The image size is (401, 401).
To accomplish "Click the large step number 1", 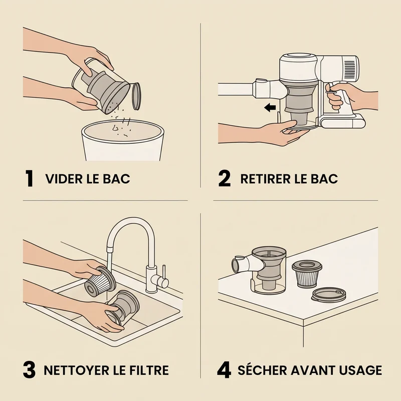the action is tap(30, 178).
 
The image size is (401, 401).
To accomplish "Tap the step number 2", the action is tap(224, 178).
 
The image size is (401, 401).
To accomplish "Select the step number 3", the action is tap(29, 370).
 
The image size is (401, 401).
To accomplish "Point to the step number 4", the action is tap(224, 370).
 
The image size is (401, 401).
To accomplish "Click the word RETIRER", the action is tap(266, 179).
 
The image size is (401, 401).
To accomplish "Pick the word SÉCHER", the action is tap(262, 370).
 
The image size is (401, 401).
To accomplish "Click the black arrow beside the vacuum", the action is tap(270, 107).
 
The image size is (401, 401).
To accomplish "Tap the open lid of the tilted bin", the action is tap(136, 96).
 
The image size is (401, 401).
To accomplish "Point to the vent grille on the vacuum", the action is tap(349, 70).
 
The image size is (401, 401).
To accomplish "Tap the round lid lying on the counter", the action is tap(329, 295).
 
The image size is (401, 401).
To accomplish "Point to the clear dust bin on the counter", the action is tap(269, 271).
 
